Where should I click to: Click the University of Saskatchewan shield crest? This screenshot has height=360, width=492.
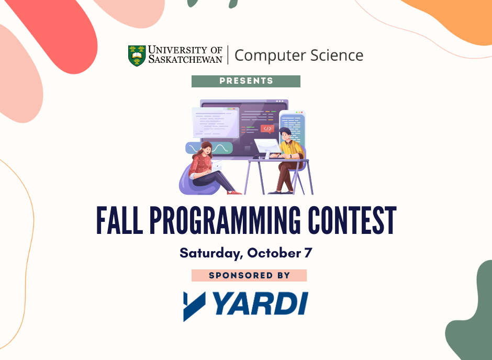click(137, 56)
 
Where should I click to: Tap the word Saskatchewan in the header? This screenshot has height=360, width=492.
click(185, 59)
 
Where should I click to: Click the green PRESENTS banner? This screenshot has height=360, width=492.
click(246, 81)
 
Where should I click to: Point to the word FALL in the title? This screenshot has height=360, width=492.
click(119, 220)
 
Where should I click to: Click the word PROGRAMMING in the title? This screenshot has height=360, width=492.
click(225, 220)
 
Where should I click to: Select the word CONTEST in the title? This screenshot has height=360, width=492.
click(352, 220)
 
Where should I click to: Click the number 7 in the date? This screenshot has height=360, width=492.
click(308, 253)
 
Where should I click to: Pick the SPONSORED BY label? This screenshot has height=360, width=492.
click(249, 275)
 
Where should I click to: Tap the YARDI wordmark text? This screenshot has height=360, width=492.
click(262, 303)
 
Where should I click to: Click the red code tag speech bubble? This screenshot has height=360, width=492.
click(267, 129)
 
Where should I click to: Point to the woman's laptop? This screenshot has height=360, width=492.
click(217, 166)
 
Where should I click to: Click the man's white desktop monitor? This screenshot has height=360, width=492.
click(267, 148)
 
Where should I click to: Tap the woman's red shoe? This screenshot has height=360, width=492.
click(234, 193)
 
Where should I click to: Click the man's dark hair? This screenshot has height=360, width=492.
click(285, 131)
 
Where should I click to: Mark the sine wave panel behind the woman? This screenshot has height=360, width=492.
click(209, 148)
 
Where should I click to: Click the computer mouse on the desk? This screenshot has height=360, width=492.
click(256, 156)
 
